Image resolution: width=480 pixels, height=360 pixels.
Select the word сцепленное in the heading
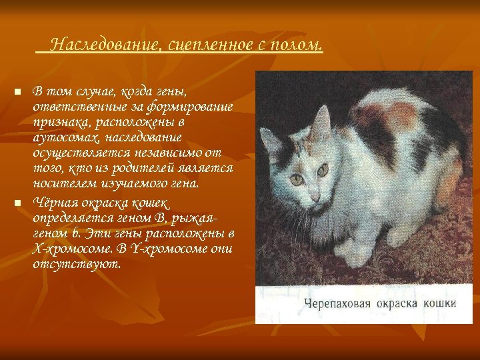point(207,45)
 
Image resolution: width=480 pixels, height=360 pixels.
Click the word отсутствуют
point(77,264)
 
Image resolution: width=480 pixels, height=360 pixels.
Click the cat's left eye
point(297,179)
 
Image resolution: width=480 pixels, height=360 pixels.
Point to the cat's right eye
point(323,170)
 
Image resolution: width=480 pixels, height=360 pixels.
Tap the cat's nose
point(315,197)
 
